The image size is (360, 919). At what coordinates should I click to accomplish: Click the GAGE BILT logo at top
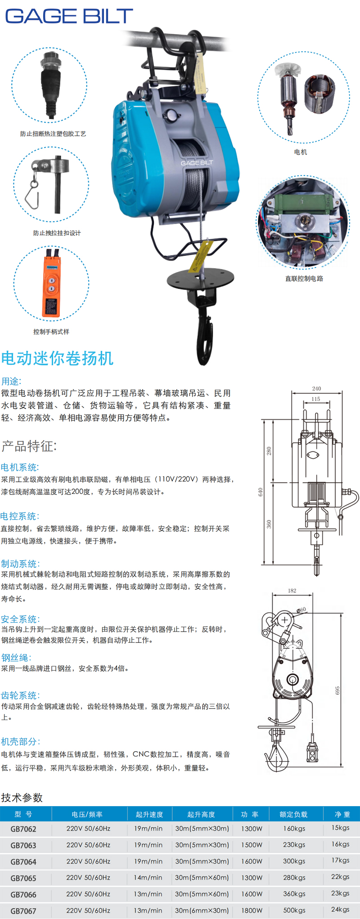click(x=69, y=16)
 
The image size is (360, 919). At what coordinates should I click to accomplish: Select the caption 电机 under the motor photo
click(x=301, y=152)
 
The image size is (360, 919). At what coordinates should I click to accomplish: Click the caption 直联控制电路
click(x=304, y=278)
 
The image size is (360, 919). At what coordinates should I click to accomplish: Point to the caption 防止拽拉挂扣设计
click(x=57, y=233)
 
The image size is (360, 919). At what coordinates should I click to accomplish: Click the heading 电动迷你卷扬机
click(x=57, y=358)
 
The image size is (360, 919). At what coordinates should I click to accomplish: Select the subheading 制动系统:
click(x=20, y=564)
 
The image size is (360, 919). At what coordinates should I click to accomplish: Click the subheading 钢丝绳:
click(x=16, y=658)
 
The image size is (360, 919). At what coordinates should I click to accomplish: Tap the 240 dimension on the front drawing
click(x=317, y=389)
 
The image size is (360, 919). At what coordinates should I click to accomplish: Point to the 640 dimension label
click(x=261, y=492)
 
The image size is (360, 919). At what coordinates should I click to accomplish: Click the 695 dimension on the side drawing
click(x=337, y=690)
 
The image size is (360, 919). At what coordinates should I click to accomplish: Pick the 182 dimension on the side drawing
click(x=292, y=591)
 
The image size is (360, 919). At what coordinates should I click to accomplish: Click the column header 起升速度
click(x=149, y=814)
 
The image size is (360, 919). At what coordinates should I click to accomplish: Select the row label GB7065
click(x=23, y=878)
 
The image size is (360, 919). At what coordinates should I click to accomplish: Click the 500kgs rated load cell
click(x=294, y=910)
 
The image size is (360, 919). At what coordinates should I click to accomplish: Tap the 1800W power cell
click(x=252, y=910)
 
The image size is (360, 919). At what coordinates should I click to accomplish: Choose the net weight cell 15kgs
click(x=341, y=828)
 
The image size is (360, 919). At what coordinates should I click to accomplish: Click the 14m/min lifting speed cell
click(x=148, y=878)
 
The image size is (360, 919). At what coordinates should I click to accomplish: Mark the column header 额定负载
click(x=293, y=814)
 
